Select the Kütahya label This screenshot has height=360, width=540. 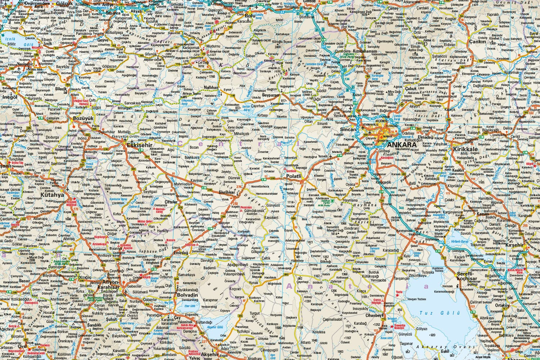pyautogui.click(x=52, y=195)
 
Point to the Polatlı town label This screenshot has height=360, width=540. pyautogui.click(x=296, y=177)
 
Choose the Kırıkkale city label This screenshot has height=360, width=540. pyautogui.click(x=465, y=149)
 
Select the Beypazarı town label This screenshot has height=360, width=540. pyautogui.click(x=271, y=95)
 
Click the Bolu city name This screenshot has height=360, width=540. pyautogui.click(x=249, y=16)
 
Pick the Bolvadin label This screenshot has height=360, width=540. pyautogui.click(x=188, y=295)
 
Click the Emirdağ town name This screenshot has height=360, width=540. pyautogui.click(x=182, y=253)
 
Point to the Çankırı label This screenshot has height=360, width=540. pyautogui.click(x=477, y=41)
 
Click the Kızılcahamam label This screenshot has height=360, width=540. pyautogui.click(x=365, y=51)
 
